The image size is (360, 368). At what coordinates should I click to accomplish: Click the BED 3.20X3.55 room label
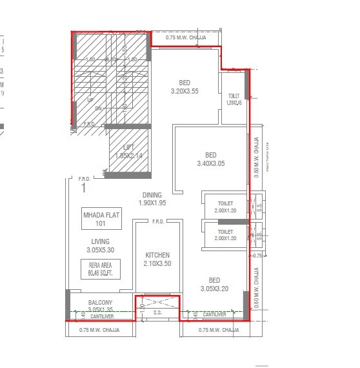coord(184,87)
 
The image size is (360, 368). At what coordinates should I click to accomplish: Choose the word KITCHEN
coord(157,255)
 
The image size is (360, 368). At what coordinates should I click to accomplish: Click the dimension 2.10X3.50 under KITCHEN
coord(157,263)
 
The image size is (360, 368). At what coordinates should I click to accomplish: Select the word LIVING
coord(100,241)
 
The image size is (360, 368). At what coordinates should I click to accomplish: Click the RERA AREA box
coord(100,269)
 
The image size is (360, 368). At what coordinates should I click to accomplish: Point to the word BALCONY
coord(101,303)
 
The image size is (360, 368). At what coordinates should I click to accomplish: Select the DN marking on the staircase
coord(99,108)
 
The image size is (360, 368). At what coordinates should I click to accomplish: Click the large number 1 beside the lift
coord(83,189)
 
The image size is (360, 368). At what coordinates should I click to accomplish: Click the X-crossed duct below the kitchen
coord(157,302)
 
